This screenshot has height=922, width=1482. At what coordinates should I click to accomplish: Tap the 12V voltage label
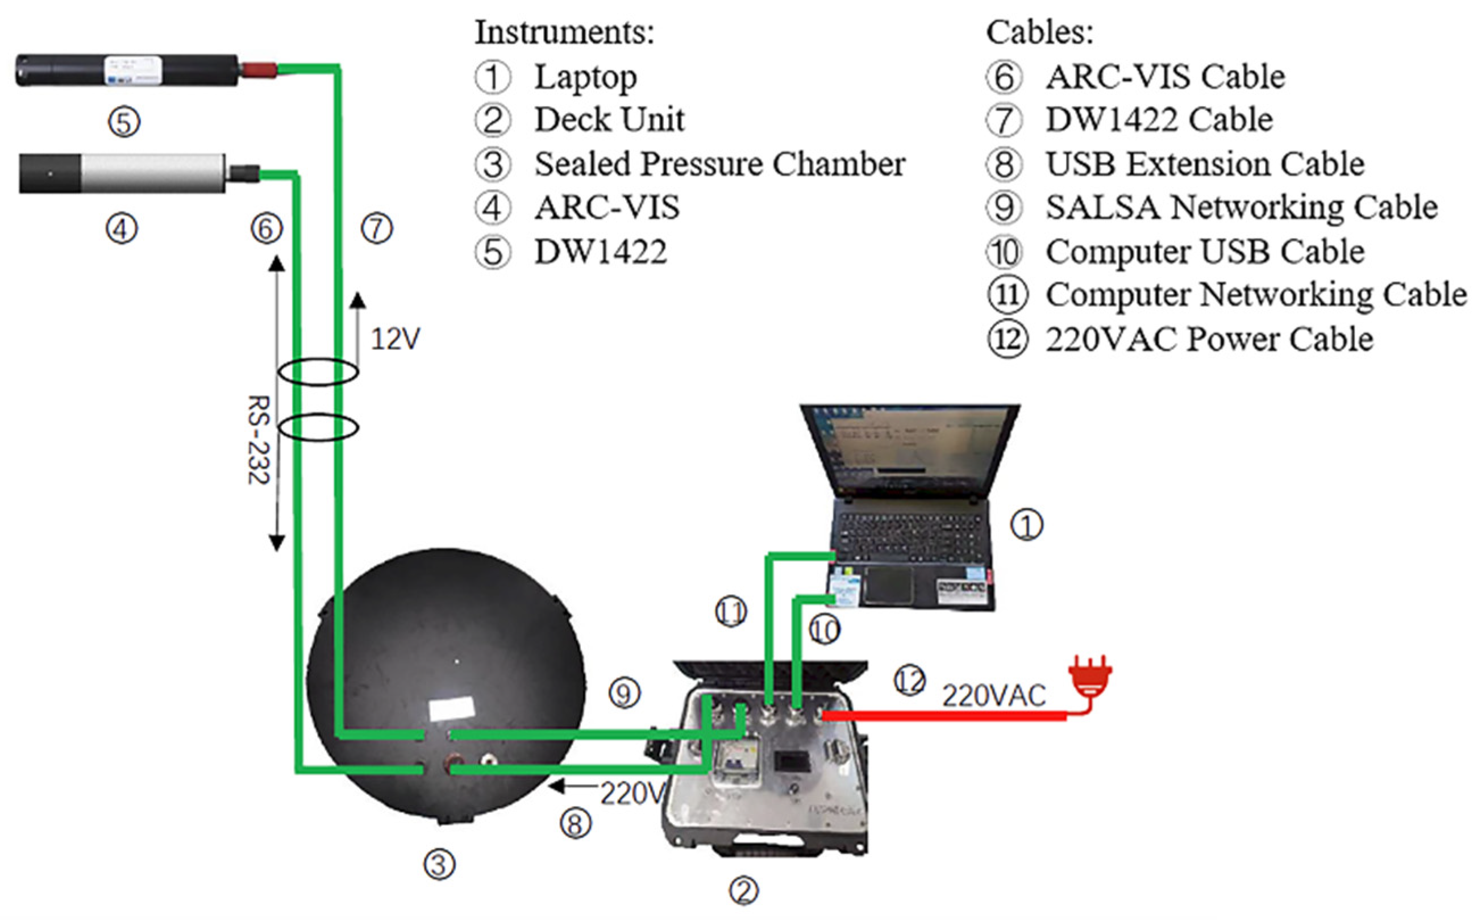tap(395, 339)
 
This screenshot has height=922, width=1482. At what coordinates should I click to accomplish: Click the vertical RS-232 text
tap(259, 440)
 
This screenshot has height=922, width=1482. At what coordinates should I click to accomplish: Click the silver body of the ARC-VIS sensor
tap(152, 173)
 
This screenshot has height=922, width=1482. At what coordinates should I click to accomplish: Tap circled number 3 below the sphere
tap(440, 865)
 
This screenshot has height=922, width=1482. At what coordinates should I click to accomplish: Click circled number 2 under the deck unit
tap(744, 891)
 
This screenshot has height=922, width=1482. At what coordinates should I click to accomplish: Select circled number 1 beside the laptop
tap(1027, 525)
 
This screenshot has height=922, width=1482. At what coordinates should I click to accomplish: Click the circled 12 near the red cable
tap(909, 681)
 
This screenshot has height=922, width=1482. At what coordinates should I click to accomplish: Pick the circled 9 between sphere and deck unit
tap(625, 693)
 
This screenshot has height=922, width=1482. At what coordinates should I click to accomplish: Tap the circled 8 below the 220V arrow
tap(576, 824)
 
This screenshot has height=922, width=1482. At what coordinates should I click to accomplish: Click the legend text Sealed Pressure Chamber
tap(719, 164)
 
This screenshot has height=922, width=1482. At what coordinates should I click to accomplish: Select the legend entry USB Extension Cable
tap(1205, 164)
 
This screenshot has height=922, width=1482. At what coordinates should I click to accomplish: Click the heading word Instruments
tap(564, 32)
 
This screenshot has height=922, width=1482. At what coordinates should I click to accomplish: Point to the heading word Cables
tap(1039, 32)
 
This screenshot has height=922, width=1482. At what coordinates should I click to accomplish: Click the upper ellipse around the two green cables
tap(318, 372)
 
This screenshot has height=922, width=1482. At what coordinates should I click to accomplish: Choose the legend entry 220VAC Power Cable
tap(1209, 340)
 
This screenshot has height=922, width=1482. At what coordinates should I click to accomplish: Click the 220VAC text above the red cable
tap(993, 696)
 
